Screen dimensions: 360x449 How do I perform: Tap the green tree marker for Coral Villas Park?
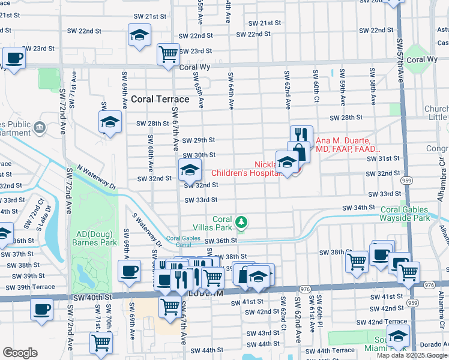pyautogui.click(x=241, y=223)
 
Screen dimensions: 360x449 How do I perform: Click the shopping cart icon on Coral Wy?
pyautogui.click(x=168, y=54)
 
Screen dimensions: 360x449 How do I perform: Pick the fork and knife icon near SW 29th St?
pyautogui.click(x=301, y=135)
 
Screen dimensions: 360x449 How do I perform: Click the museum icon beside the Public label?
pyautogui.click(x=40, y=127)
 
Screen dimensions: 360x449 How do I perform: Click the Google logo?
pyautogui.click(x=20, y=353)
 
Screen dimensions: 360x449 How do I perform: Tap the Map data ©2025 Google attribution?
pyautogui.click(x=412, y=355)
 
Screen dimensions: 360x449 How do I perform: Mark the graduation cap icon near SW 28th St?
pyautogui.click(x=109, y=122)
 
